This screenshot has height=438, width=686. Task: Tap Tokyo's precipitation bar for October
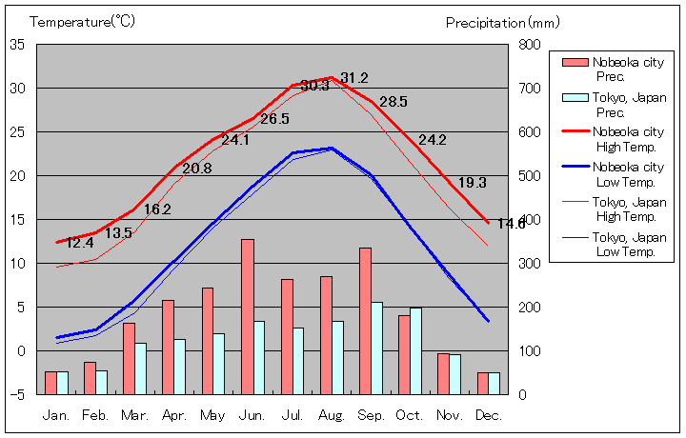pyautogui.click(x=415, y=350)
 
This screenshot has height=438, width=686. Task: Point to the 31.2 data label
pyautogui.click(x=354, y=78)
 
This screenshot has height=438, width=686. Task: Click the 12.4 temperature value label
pyautogui.click(x=80, y=243)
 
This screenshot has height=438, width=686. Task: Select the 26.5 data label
pyautogui.click(x=274, y=119)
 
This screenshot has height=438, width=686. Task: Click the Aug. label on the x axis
pyautogui.click(x=333, y=415)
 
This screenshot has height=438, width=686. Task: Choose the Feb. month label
pyautogui.click(x=95, y=415)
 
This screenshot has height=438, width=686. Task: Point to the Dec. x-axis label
pyautogui.click(x=490, y=415)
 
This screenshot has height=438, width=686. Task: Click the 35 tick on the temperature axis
pyautogui.click(x=18, y=45)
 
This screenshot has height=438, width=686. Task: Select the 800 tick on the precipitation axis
pyautogui.click(x=531, y=45)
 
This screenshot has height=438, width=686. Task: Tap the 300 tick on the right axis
pyautogui.click(x=531, y=263)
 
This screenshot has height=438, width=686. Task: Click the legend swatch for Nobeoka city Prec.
pyautogui.click(x=575, y=63)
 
